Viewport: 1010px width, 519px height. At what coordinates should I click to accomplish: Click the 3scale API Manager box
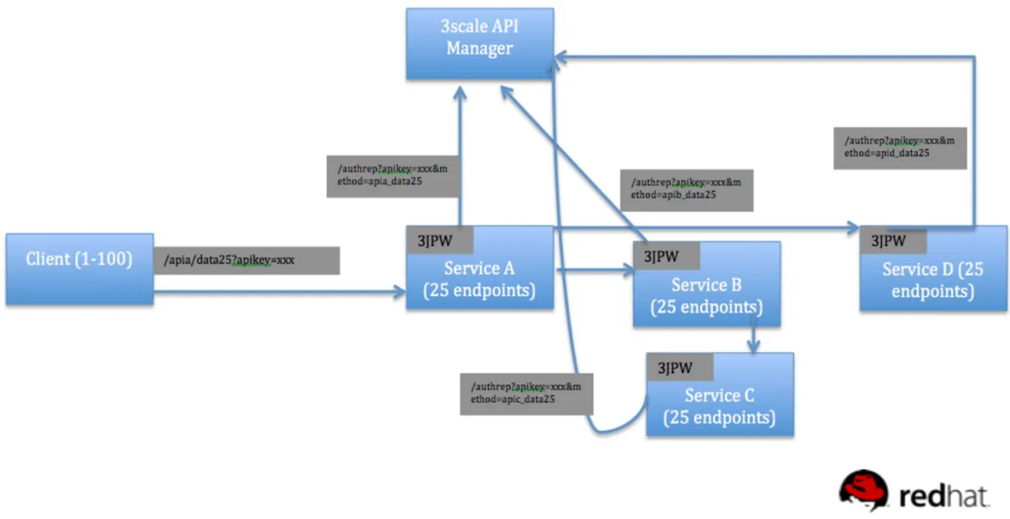click(479, 43)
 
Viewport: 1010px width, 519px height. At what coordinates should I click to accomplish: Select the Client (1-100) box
click(79, 269)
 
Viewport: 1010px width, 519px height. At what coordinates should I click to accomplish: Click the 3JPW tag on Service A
click(434, 241)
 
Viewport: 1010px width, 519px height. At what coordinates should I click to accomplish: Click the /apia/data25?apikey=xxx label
click(247, 260)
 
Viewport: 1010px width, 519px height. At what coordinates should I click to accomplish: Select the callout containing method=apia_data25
click(387, 176)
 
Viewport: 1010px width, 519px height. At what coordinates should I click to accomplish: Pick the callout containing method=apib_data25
click(687, 189)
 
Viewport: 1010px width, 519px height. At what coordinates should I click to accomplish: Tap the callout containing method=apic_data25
click(521, 394)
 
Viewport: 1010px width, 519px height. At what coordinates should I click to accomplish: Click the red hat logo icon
click(864, 490)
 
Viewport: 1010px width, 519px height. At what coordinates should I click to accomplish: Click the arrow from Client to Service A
click(276, 294)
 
